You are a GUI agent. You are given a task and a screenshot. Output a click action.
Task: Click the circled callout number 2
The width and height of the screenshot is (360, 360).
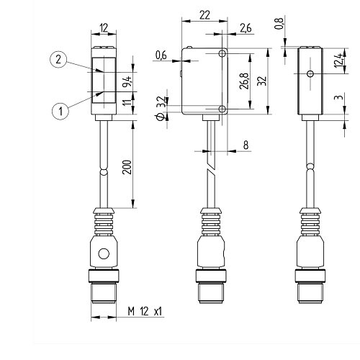coord(58,60)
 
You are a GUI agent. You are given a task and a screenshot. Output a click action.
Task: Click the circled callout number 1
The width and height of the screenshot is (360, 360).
coord(60,111)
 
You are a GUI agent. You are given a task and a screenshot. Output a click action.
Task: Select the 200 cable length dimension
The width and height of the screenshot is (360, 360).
coord(127,167)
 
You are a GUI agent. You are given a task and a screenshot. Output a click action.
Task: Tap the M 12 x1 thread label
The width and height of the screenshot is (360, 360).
coord(145,312)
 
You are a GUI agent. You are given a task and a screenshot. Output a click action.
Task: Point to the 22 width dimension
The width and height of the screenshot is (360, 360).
coord(204,15)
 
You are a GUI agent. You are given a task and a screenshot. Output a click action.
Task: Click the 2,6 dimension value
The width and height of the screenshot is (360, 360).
coord(246,28)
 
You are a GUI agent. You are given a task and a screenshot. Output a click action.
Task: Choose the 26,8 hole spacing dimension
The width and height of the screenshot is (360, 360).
coord(244,81)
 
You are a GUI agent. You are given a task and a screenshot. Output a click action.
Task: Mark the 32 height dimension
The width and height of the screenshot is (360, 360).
coord(262,81)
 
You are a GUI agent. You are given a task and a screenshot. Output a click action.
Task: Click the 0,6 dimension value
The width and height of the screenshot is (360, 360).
coord(161,55)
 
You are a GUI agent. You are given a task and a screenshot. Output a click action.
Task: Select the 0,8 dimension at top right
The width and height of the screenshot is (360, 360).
coord(279,24)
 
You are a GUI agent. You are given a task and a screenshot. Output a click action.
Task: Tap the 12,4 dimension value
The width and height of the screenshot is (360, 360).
coord(338,60)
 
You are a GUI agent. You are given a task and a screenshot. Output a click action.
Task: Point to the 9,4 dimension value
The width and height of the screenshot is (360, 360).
coord(127,81)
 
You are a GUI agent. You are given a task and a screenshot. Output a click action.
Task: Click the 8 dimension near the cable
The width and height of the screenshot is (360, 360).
coord(246,145)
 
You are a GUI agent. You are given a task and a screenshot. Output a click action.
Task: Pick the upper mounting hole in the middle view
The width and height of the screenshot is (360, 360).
coord(222,53)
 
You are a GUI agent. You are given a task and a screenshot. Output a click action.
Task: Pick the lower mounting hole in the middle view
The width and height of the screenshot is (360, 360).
coord(222,109)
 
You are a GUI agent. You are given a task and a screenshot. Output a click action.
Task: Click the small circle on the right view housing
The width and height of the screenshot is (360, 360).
coord(310,73)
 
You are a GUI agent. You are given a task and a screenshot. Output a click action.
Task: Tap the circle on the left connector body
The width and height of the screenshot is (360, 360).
coord(104,254)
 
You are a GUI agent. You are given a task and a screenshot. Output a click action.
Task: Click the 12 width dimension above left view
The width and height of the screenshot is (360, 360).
coord(104,28)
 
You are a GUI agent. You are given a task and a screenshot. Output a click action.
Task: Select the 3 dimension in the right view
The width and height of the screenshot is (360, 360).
coord(338,97)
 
